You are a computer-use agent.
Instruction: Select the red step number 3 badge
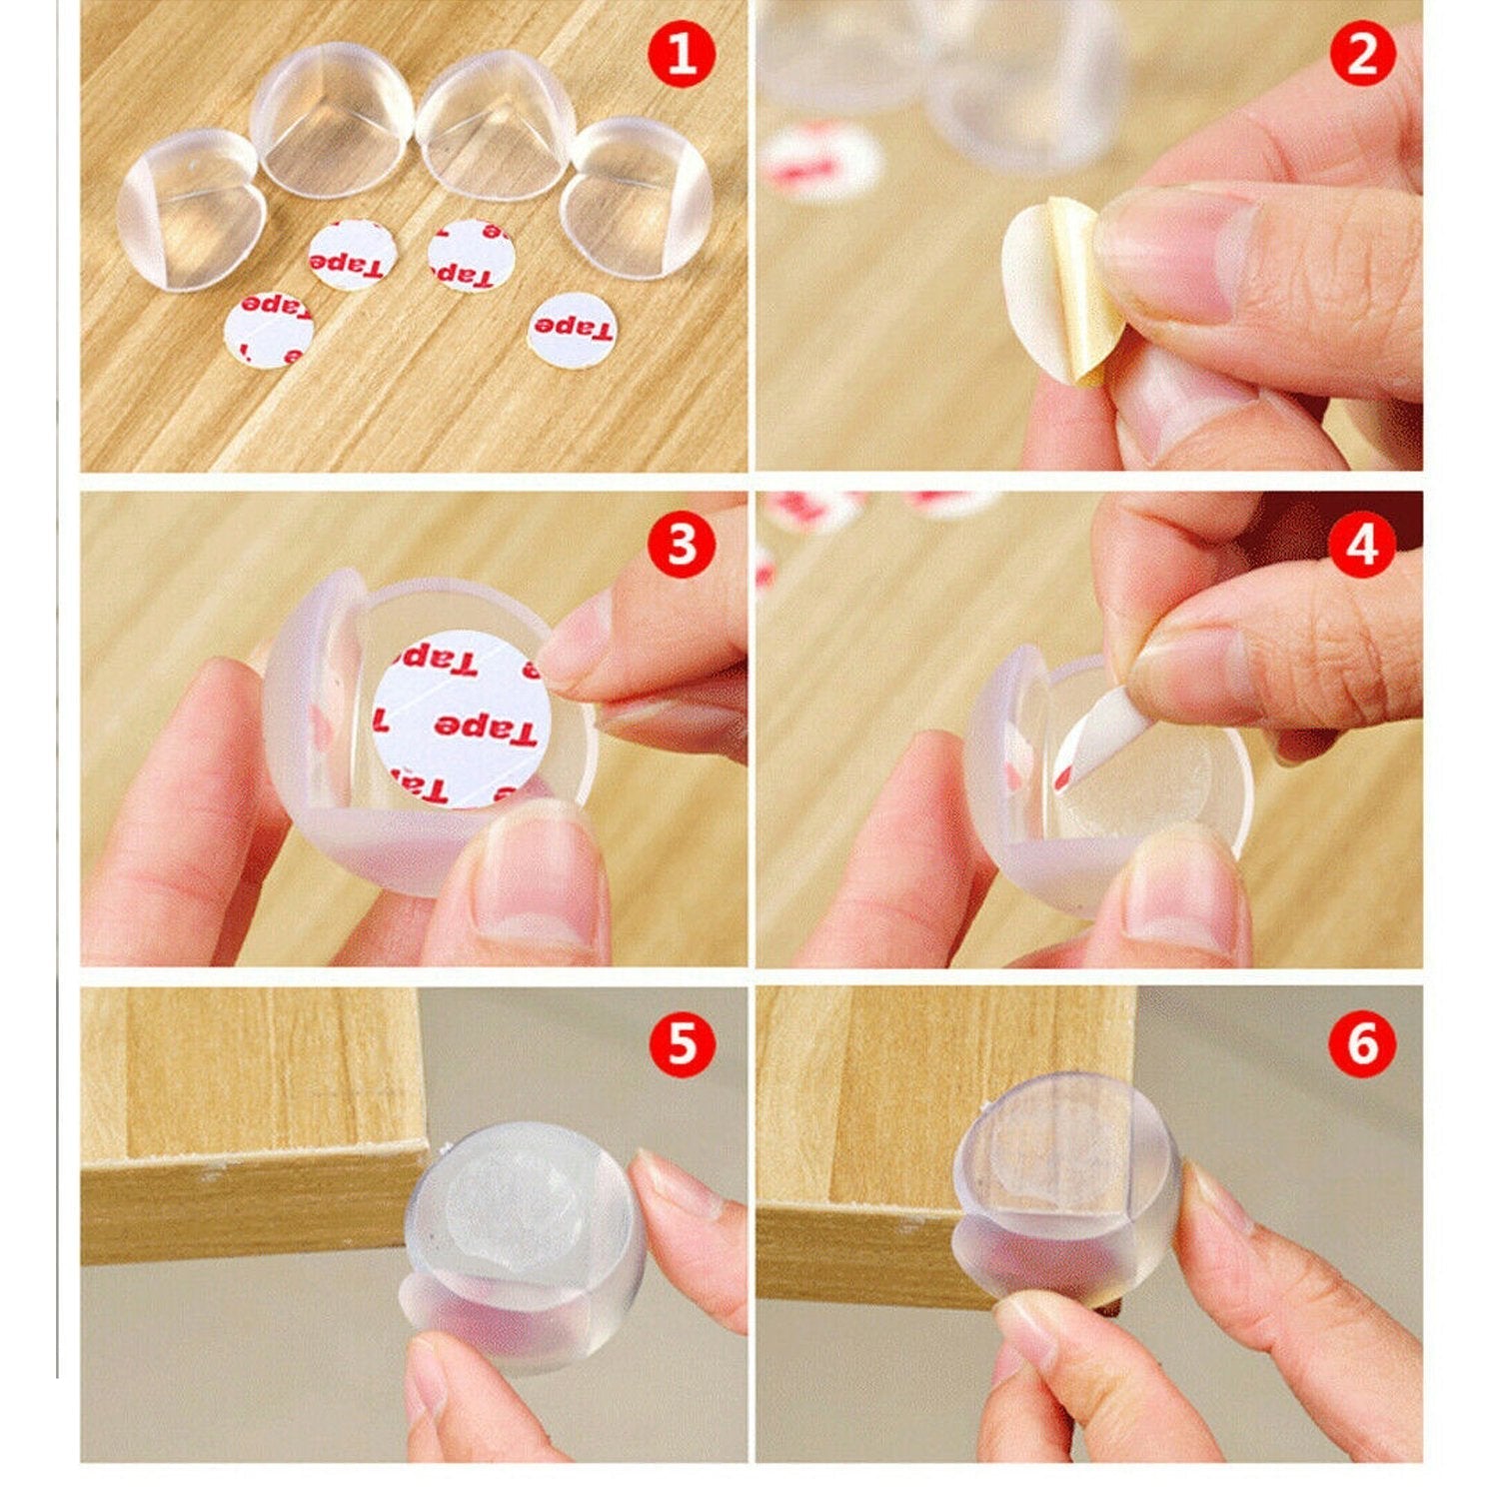[x=682, y=545]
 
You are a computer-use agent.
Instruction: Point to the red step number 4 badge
[x=1362, y=545]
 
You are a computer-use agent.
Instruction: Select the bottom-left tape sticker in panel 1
[x=268, y=329]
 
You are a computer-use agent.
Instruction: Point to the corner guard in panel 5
[x=525, y=1244]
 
